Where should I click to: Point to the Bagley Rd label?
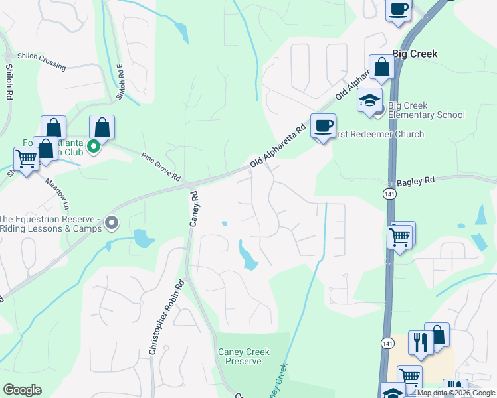(x=415, y=180)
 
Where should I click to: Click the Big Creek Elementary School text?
(x=426, y=110)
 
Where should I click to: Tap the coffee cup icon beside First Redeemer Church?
(x=324, y=125)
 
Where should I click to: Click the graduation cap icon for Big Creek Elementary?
(x=369, y=100)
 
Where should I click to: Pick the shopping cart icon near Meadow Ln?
(x=26, y=159)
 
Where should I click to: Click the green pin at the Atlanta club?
(x=94, y=147)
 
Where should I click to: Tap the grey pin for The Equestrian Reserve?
(x=112, y=223)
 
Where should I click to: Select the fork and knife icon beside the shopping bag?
(x=420, y=342)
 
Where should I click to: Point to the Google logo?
(x=22, y=390)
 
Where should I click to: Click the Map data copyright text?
(x=456, y=393)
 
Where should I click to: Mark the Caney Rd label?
(x=194, y=210)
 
